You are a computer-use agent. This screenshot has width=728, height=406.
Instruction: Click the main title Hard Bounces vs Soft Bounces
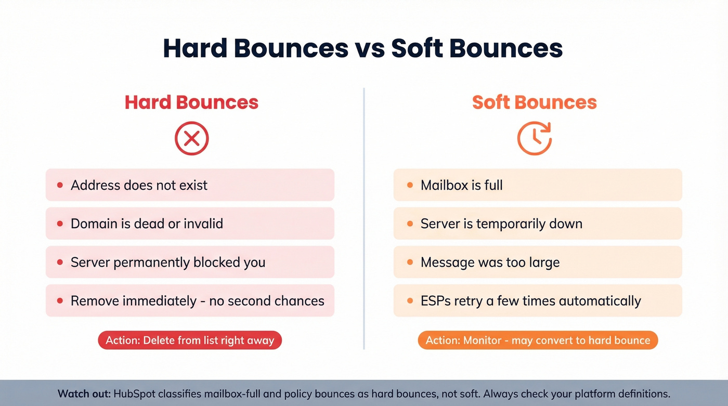tap(363, 48)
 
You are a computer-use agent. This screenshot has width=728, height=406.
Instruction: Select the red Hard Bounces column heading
tap(191, 102)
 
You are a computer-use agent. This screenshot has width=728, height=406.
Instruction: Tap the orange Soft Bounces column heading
tap(534, 102)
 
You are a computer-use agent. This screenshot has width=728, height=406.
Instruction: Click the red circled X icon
tap(191, 138)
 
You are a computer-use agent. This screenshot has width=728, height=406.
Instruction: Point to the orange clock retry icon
tap(534, 138)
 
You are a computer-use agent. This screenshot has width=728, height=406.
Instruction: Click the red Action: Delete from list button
tap(190, 340)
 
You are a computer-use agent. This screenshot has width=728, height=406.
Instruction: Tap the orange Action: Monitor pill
tap(538, 340)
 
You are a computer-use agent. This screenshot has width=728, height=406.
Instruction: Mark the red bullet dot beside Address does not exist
tap(60, 185)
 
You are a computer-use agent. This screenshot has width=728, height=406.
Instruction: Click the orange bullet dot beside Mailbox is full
tap(410, 185)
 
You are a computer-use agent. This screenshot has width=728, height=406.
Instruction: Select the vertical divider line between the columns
tap(364, 218)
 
